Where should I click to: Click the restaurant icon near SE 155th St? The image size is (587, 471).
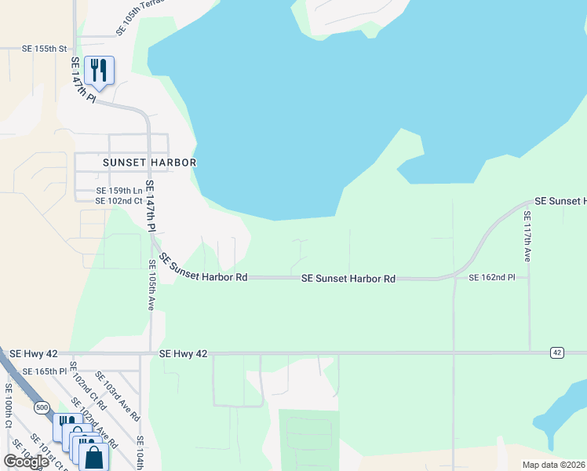[x=99, y=69]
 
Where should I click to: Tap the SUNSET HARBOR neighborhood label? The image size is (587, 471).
[x=148, y=162]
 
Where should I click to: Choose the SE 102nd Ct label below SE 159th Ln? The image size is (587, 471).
[x=118, y=201]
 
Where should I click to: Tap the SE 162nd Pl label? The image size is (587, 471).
[x=491, y=278]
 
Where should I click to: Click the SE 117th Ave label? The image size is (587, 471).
[x=527, y=236]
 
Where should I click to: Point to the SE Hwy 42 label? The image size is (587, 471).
[x=183, y=355]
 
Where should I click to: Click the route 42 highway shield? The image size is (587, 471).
[x=556, y=353]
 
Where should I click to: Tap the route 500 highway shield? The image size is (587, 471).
[x=42, y=407]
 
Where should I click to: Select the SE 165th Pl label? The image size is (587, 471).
[x=45, y=371]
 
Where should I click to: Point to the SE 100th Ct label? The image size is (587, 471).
[x=9, y=405]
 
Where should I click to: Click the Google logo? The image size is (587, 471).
[x=26, y=461]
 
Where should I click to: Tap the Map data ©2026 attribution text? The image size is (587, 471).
[x=553, y=465]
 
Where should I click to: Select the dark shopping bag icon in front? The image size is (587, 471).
[x=94, y=457]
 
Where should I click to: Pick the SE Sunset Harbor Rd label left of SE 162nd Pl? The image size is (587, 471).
[x=348, y=279]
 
